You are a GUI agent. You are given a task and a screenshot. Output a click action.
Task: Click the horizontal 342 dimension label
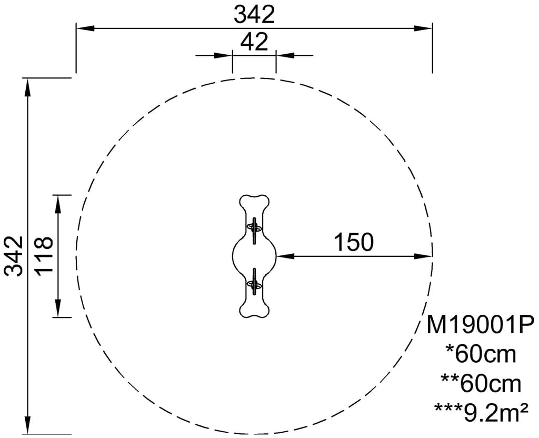[254, 15]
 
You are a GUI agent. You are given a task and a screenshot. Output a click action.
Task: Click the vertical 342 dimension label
[14, 256]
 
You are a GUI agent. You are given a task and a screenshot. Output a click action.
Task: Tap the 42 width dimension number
[254, 42]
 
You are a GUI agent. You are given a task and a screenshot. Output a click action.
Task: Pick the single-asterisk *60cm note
[481, 354]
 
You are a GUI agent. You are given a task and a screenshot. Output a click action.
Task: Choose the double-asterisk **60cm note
[481, 383]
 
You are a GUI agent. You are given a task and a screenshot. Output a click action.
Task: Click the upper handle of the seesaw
[254, 230]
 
